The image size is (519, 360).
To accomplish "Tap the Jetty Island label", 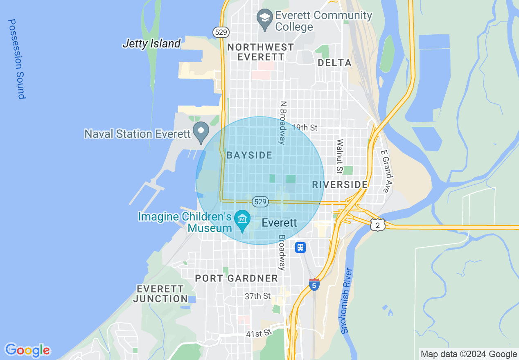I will pos(151,43).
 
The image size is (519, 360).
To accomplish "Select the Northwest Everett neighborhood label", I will pos(261,52).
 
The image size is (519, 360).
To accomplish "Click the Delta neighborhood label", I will pos(334,63).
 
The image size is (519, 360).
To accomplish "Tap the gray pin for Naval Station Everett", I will pos(201,132).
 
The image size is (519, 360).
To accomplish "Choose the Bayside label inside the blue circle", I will pos(249,155).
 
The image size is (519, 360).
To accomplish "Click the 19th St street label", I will pos(305,128).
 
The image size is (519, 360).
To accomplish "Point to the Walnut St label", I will pos(339,156).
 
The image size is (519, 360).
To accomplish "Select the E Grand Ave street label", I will pos(386,171).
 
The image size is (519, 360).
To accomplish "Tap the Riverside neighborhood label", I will pos(340,185).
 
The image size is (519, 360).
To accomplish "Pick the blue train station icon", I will pos(301,247).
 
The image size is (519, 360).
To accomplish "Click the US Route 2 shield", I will pos(377,224).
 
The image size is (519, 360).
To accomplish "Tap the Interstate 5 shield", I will pos(314,285).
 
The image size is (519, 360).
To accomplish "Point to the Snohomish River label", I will pos(347,301).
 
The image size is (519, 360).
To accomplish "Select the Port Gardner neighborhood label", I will pos(236,279).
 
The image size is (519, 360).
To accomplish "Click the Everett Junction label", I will pos(160,294).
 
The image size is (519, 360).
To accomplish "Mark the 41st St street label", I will pos(259,333).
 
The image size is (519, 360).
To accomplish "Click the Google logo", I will pos(27,350).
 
